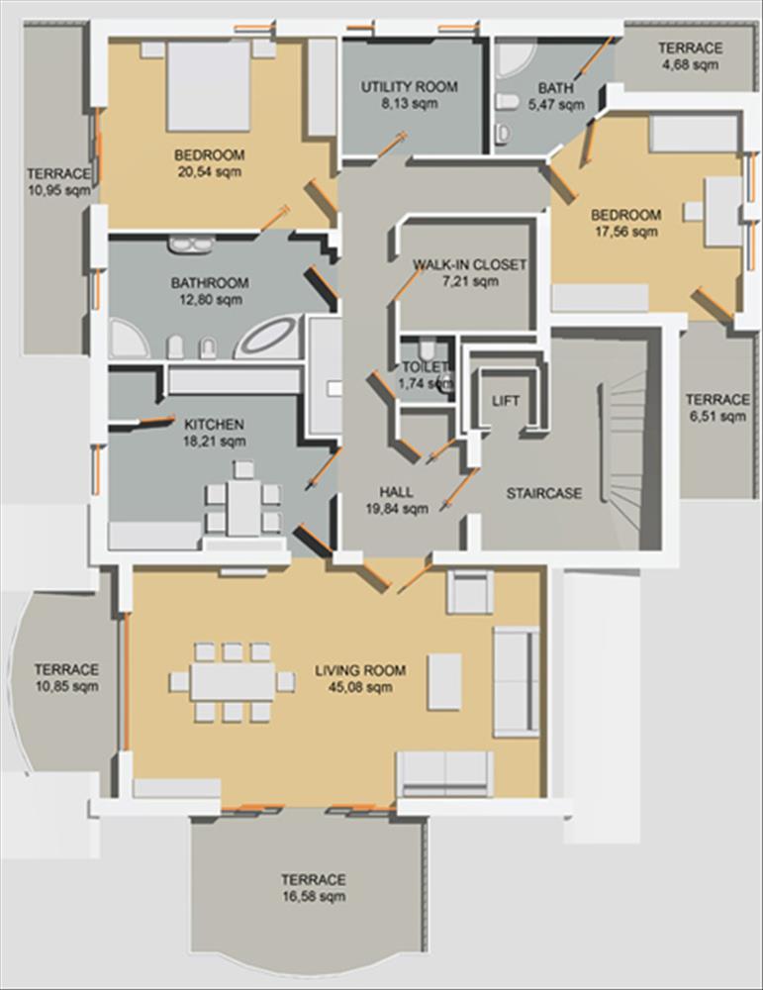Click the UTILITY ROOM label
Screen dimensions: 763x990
pyautogui.click(x=409, y=86)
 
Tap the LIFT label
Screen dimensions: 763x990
pyautogui.click(x=506, y=401)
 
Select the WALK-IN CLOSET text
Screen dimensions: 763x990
pyautogui.click(x=469, y=264)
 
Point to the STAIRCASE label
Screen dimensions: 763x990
pyautogui.click(x=544, y=493)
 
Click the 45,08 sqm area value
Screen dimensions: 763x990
pyautogui.click(x=360, y=687)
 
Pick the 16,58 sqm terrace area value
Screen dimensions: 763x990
pyautogui.click(x=314, y=896)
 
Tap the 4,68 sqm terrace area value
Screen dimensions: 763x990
pyautogui.click(x=691, y=64)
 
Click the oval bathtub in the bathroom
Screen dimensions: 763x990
pyautogui.click(x=265, y=338)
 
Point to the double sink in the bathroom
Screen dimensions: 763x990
pyautogui.click(x=190, y=244)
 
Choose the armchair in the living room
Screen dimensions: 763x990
pyautogui.click(x=470, y=591)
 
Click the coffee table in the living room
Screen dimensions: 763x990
pyautogui.click(x=445, y=682)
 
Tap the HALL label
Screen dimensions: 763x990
pyautogui.click(x=396, y=492)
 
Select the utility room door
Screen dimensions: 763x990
pyautogui.click(x=392, y=145)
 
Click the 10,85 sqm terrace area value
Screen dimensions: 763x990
pyautogui.click(x=67, y=686)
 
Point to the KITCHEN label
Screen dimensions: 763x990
pyautogui.click(x=214, y=424)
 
